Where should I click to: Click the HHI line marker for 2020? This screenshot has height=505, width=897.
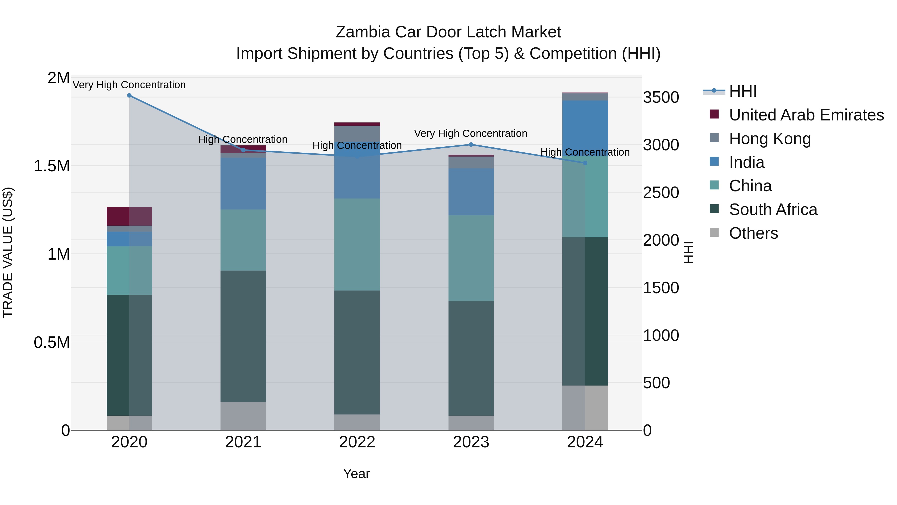129,96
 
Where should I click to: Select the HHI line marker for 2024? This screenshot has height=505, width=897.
585,163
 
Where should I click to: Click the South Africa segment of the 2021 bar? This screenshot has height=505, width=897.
243,336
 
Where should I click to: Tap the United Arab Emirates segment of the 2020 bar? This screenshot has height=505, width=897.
129,216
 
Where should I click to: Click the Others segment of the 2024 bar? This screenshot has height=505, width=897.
585,408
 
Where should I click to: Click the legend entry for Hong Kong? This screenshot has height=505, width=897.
770,139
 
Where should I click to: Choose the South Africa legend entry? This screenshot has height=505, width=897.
773,209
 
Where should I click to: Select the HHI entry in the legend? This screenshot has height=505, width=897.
743,91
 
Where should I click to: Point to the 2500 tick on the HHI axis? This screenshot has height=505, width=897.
661,193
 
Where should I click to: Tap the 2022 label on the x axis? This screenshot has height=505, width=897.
357,442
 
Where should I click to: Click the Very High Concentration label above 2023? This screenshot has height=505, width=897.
470,133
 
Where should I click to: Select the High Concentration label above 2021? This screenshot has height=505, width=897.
243,139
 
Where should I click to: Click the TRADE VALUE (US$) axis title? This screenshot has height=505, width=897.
8,252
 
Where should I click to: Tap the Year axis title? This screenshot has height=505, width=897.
356,474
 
